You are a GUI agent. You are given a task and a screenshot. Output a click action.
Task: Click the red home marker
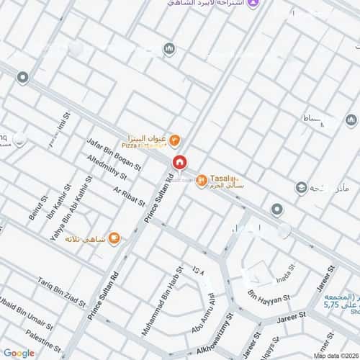click(179, 163)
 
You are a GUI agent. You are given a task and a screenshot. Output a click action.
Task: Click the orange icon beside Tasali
click(202, 179)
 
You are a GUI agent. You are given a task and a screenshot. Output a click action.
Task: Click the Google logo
click(19, 353)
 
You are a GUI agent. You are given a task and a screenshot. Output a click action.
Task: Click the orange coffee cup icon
click(114, 239)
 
